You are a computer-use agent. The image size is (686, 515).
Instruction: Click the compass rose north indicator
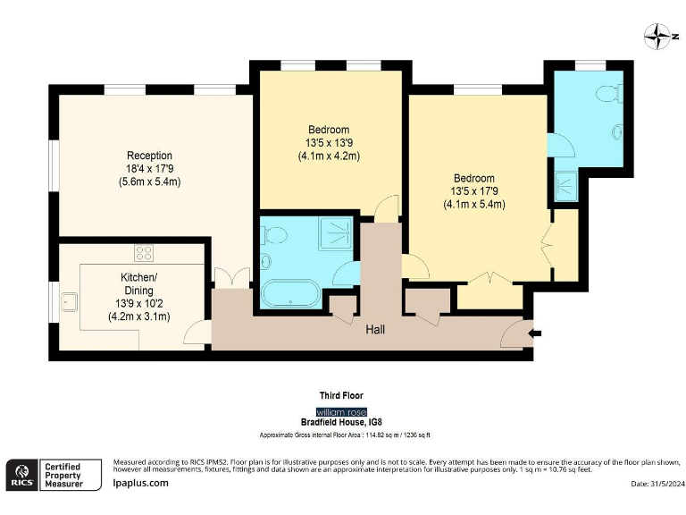pyautogui.click(x=657, y=37)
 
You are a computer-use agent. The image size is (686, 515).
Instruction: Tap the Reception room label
pyautogui.click(x=149, y=156)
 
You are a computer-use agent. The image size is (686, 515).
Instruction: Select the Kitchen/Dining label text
pyautogui.click(x=138, y=283)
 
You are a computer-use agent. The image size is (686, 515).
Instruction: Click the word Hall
pyautogui.click(x=375, y=329)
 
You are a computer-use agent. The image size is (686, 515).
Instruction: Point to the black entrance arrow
pyautogui.click(x=535, y=333)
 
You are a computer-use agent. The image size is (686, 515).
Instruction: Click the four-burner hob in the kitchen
pyautogui.click(x=144, y=253)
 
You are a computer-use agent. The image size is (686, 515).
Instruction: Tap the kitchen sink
pyautogui.click(x=69, y=301)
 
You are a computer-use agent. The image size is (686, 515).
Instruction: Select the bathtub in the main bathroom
pyautogui.click(x=290, y=293)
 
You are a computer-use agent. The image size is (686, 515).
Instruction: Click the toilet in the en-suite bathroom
pyautogui.click(x=609, y=93)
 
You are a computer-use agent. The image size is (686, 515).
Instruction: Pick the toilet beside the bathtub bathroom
pyautogui.click(x=273, y=235)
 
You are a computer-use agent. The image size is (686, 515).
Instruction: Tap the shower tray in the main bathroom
pyautogui.click(x=335, y=233)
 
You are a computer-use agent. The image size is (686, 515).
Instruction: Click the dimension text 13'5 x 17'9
pyautogui.click(x=474, y=191)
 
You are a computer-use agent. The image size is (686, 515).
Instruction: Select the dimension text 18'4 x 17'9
pyautogui.click(x=150, y=169)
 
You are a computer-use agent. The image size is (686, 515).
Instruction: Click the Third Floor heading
pyautogui.click(x=341, y=395)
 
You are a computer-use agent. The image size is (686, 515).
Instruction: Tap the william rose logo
pyautogui.click(x=341, y=412)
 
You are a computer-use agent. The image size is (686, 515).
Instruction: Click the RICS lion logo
pyautogui.click(x=21, y=475)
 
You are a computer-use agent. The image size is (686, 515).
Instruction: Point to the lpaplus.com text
pyautogui.click(x=140, y=483)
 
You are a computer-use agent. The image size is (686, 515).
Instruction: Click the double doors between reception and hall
pyautogui.click(x=232, y=277)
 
